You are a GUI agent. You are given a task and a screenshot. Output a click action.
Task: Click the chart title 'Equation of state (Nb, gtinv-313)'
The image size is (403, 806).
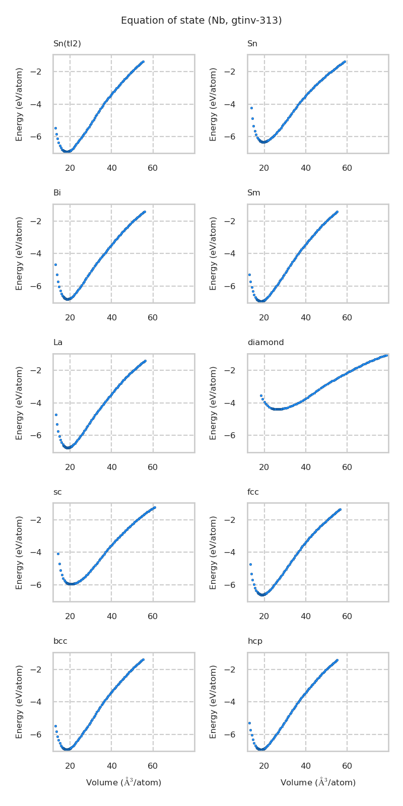coord(201,21)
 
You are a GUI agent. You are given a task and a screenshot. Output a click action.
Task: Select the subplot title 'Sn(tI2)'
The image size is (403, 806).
coord(67,44)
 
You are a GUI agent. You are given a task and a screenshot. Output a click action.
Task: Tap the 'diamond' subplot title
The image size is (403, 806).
coord(265,343)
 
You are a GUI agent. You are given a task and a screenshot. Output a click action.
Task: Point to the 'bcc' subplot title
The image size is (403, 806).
coord(60,641)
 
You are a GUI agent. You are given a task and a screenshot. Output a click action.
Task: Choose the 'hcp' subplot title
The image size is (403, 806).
coord(255,641)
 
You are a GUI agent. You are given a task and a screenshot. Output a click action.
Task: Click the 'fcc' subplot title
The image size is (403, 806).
coord(253,492)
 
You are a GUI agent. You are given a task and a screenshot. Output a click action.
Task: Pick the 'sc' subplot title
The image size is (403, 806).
coord(57,492)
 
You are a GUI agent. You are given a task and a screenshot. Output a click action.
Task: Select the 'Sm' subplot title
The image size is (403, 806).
coord(253,193)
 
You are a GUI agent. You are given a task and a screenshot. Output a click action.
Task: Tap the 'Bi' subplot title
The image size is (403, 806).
coord(57,193)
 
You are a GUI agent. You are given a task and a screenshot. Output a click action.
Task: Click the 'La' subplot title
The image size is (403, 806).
coord(58,343)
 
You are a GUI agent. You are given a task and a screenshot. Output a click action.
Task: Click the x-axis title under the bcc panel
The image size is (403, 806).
coord(123,782)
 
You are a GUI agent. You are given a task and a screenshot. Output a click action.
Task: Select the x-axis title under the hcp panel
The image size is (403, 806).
coord(318,782)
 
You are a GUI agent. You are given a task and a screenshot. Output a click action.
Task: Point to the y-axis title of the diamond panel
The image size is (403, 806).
coord(214,403)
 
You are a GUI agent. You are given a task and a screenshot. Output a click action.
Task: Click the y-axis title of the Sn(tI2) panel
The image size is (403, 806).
coord(19,104)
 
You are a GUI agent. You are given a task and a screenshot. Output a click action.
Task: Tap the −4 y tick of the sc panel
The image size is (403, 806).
coord(44,553)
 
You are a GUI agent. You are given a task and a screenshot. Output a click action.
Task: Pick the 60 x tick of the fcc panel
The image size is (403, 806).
coord(347,616)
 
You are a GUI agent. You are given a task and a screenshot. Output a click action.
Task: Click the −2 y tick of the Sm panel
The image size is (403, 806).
coord(238,221)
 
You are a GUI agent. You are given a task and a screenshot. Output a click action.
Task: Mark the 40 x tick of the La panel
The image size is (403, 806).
coord(111,467)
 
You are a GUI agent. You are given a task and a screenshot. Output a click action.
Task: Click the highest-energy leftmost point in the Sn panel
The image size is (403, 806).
coord(251,108)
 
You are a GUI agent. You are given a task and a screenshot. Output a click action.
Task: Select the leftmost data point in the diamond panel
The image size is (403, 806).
coord(261,395)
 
